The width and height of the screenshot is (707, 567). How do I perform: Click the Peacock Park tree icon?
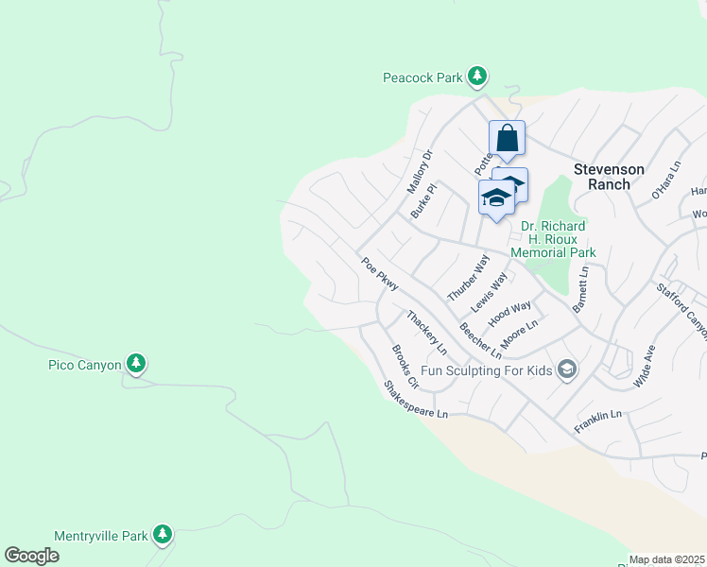pyautogui.click(x=478, y=76)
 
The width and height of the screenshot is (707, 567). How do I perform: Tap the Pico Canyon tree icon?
pyautogui.click(x=136, y=363)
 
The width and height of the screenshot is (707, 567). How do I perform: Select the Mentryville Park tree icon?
pyautogui.click(x=163, y=535)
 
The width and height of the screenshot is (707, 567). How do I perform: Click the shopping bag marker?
pyautogui.click(x=507, y=138)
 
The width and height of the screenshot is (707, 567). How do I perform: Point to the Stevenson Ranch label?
pyautogui.click(x=609, y=177)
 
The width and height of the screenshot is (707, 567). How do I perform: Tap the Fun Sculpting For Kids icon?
pyautogui.click(x=567, y=369)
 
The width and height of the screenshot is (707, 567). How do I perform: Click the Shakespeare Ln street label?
pyautogui.click(x=414, y=401)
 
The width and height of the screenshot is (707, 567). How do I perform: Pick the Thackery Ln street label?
pyautogui.click(x=426, y=333)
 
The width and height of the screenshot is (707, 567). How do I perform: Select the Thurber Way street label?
pyautogui.click(x=469, y=277)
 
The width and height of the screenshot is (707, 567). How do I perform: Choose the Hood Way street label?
pyautogui.click(x=509, y=312)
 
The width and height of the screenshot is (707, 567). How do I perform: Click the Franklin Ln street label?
pyautogui.click(x=597, y=421)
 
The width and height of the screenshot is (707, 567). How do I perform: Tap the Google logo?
pyautogui.click(x=32, y=556)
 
